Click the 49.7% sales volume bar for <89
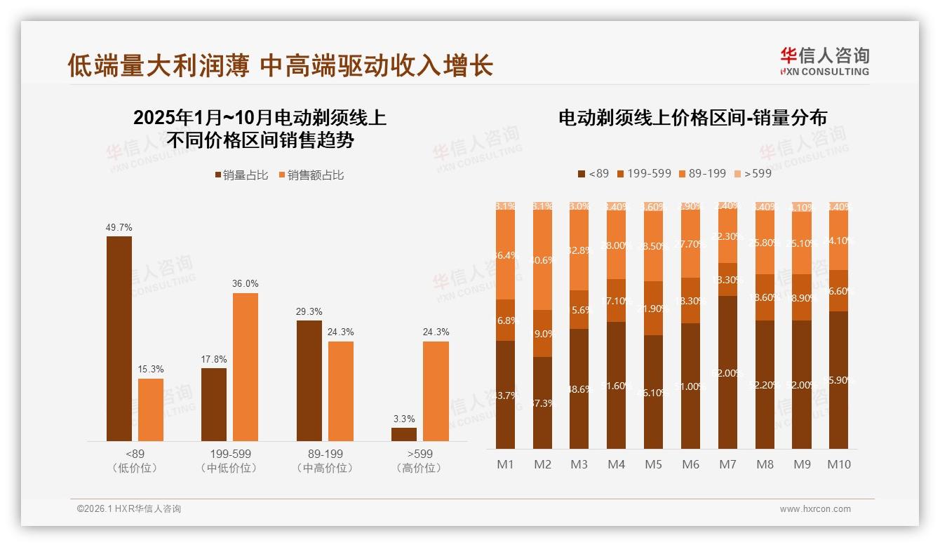click(119, 339)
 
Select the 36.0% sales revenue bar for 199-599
click(246, 367)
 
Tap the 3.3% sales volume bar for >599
click(404, 434)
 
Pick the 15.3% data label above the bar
click(150, 369)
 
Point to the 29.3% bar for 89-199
click(309, 381)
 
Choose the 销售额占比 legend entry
click(311, 175)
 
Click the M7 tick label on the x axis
click(727, 464)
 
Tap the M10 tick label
click(838, 464)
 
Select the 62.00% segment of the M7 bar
click(727, 372)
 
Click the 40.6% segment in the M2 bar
click(542, 260)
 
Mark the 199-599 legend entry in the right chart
click(643, 173)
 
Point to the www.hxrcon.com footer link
click(815, 509)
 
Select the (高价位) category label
click(419, 468)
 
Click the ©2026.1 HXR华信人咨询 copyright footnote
click(129, 509)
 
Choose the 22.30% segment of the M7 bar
click(727, 237)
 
